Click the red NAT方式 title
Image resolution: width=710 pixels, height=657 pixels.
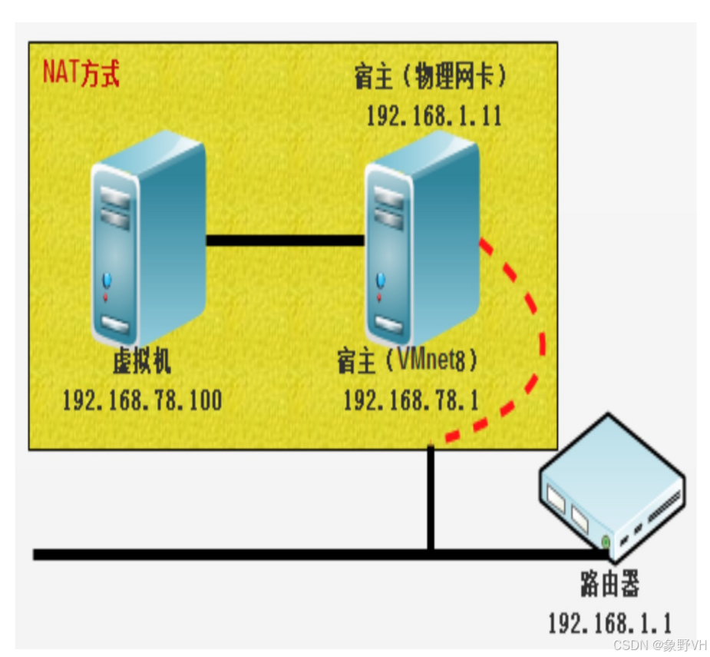coord(81,75)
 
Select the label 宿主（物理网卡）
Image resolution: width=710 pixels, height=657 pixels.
coord(431,78)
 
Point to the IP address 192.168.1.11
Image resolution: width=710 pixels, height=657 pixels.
coord(434,116)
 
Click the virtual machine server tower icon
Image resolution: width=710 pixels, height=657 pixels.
coord(147,238)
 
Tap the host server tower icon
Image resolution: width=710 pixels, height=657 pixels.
coord(422,238)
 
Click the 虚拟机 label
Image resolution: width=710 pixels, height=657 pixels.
coord(142,361)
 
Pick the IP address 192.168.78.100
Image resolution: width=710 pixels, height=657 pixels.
coord(142,400)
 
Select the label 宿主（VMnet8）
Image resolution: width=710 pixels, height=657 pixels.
coord(407,361)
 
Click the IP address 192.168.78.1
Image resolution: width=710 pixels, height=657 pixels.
coord(411,400)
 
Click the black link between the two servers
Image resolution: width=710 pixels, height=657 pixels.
coord(285,241)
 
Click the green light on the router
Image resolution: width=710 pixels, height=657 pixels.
coord(606,543)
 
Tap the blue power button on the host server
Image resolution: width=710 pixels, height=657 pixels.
coord(379,279)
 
